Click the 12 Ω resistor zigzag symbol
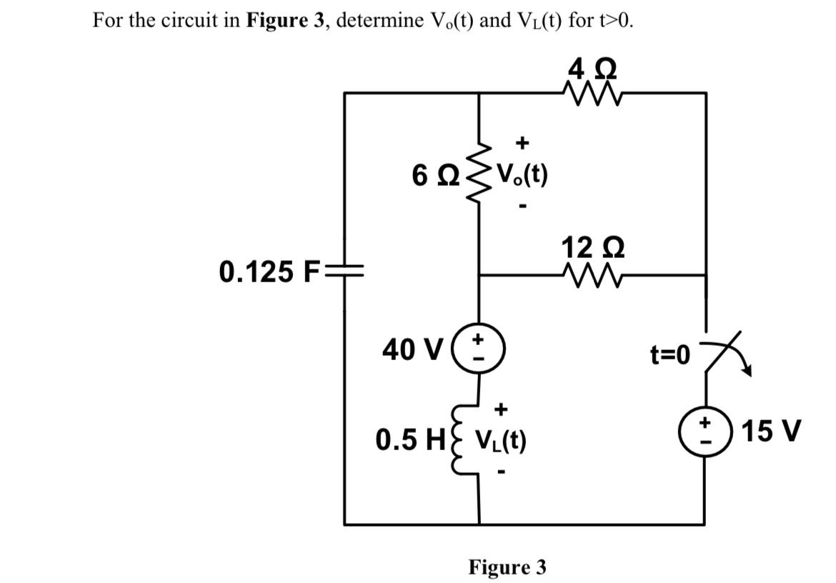tap(592, 274)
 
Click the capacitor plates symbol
tap(345, 271)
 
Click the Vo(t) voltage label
tap(521, 174)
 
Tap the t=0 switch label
tap(671, 354)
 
